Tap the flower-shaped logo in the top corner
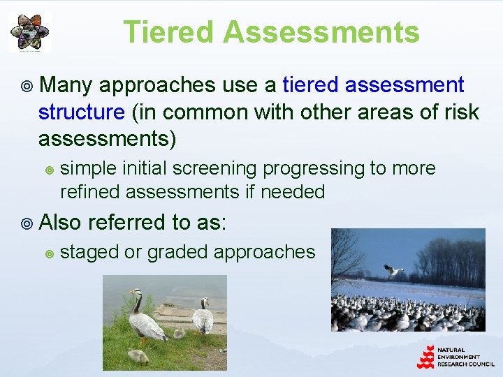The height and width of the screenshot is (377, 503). coord(29,32)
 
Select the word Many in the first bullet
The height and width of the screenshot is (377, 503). coord(68,85)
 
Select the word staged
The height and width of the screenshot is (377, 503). coord(89,251)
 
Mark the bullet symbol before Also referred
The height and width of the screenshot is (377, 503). coord(27,223)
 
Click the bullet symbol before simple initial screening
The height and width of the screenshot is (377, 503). coord(49,169)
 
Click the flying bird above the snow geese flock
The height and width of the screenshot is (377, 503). coord(393,270)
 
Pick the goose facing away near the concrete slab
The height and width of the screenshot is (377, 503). coord(203,317)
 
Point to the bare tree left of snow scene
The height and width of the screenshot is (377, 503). coord(345,258)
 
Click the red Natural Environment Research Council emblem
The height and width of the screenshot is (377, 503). coord(425,357)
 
